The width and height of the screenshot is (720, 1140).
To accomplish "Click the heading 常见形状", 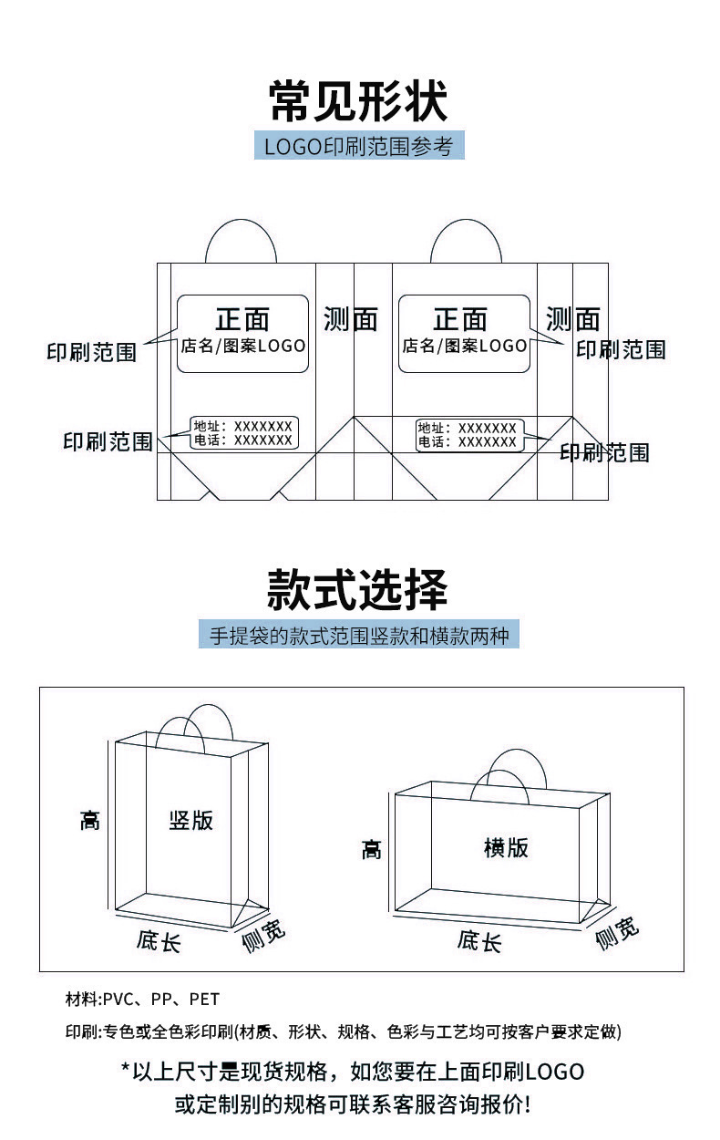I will point(359,101).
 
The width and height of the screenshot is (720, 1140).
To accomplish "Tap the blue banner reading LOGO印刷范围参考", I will point(359,146).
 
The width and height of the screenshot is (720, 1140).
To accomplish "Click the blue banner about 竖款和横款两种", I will point(359,635).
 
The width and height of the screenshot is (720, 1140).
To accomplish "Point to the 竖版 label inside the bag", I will point(191,819).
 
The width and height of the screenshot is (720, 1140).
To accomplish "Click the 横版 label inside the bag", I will point(506,847).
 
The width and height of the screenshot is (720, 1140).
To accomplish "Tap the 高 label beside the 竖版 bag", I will point(89,820).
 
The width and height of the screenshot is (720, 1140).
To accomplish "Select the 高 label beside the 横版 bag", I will point(371,850).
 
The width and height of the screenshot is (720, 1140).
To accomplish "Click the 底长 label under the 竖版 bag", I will point(159,940).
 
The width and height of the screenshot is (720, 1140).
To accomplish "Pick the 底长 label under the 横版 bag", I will point(479,940).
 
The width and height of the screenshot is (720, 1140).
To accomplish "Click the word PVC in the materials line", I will point(118,999).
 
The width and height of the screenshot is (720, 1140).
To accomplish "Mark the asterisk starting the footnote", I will point(125,1068).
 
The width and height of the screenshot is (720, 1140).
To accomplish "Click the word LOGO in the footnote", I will point(554,1071).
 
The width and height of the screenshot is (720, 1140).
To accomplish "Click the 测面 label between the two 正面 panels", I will point(350,319).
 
